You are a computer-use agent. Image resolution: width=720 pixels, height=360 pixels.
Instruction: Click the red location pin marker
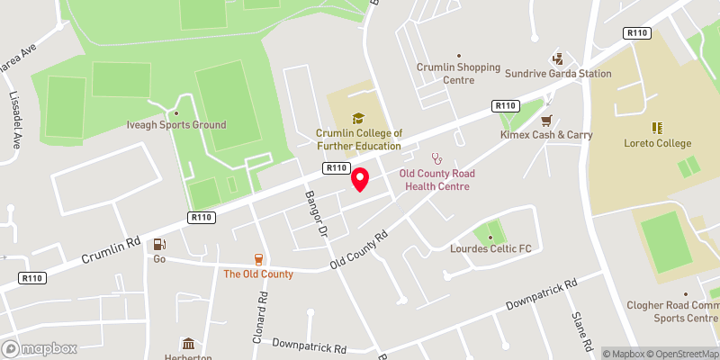coord(360,179)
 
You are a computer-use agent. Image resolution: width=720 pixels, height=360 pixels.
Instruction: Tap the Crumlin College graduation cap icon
coord(358,118)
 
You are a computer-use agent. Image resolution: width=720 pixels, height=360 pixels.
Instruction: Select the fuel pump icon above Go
coord(159,244)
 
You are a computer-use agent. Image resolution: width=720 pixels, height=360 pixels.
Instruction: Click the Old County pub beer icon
coord(258,259)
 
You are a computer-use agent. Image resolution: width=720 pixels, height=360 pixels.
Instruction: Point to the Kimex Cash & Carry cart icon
coord(545,120)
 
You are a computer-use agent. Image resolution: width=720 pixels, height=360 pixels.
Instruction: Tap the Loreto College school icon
coord(657,128)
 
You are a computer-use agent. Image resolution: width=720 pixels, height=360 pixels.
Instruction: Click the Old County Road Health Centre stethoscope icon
coord(438,157)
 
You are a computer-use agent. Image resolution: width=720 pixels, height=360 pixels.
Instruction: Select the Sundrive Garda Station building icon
coord(557,58)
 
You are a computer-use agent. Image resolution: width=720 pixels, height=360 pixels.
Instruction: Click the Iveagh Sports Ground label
coord(176,125)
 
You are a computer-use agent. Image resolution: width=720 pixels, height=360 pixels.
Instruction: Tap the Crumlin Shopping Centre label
coord(457,73)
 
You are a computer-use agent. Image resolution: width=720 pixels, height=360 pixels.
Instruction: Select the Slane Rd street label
coord(580,332)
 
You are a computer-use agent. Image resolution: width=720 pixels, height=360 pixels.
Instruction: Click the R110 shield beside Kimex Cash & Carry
coord(506,106)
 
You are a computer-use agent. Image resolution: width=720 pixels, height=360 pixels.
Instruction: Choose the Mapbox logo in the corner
coord(40,348)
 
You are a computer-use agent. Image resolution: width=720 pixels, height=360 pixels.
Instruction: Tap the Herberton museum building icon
coord(189,344)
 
